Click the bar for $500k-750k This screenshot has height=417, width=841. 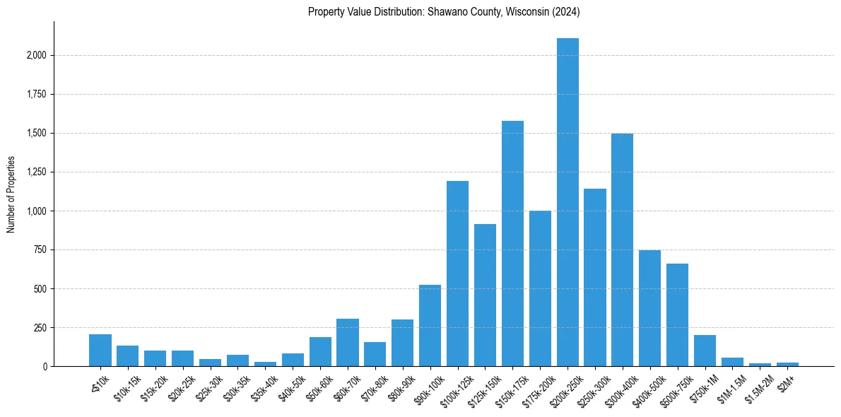[677, 315]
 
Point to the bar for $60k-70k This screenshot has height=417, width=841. [347, 342]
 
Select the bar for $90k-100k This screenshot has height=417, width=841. [430, 325]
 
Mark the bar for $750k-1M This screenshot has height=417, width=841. [705, 351]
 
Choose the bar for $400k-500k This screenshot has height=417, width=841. [649, 308]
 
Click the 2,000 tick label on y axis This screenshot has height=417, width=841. [37, 55]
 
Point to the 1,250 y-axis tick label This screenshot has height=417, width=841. [37, 172]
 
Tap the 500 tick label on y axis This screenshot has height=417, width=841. [41, 288]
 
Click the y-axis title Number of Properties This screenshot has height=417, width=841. [11, 194]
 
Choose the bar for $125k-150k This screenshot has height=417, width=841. [485, 295]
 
